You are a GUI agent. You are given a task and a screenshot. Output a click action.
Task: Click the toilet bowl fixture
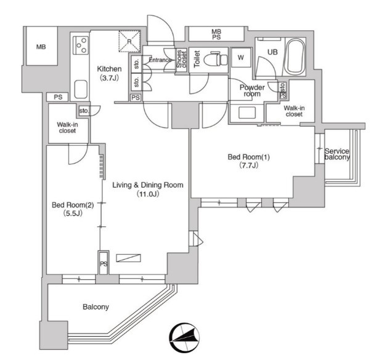click(x=216, y=60)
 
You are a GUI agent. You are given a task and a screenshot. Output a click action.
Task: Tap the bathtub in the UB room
click(x=295, y=57)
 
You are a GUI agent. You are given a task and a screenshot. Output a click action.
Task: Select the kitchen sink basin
click(x=81, y=89)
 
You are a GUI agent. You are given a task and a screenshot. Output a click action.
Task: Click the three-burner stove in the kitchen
click(x=81, y=46)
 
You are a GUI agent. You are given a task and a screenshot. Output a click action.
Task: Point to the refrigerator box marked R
click(x=129, y=41)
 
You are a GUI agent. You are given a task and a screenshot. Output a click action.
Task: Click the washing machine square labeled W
click(x=240, y=58)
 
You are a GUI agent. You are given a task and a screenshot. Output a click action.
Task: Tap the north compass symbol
click(x=184, y=337)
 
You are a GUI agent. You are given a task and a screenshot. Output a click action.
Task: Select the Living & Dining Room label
click(x=148, y=185)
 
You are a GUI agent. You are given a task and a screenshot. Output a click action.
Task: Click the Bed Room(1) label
click(x=249, y=157)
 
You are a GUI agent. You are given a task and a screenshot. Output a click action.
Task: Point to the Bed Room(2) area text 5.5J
click(x=73, y=214)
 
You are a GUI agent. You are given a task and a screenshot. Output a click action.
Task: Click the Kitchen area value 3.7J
click(x=110, y=78)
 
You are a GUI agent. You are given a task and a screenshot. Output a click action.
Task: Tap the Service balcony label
click(x=337, y=154)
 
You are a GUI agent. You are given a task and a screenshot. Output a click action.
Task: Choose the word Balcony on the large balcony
click(x=95, y=307)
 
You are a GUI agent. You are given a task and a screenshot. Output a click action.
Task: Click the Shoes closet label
click(x=182, y=59)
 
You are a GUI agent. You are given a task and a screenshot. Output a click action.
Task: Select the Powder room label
click(x=252, y=90)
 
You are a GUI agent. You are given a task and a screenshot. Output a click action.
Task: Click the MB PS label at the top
click(x=216, y=34)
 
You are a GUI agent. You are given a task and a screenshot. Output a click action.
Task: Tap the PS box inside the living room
click(x=104, y=263)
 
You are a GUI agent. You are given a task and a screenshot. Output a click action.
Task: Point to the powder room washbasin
click(x=247, y=113)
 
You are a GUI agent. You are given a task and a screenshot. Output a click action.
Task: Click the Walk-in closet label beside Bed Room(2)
click(x=67, y=128)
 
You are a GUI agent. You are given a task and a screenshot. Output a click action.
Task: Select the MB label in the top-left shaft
click(x=41, y=47)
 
